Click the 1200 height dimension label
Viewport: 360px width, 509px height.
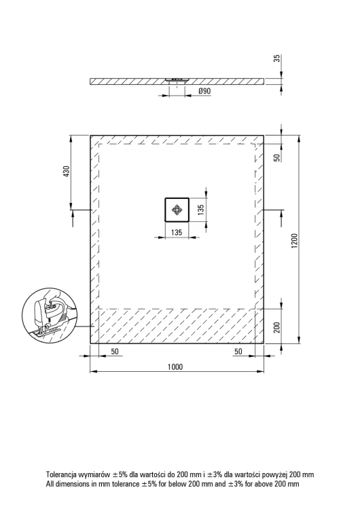[294, 241]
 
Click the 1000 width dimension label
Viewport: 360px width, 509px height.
[175, 366]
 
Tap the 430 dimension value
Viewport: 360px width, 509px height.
[66, 172]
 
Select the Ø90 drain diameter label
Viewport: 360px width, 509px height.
[204, 91]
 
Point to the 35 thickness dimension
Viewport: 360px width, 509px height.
[277, 59]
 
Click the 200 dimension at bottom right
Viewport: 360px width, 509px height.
[277, 328]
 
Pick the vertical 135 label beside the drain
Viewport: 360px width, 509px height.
[201, 210]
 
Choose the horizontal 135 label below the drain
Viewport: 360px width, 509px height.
[176, 232]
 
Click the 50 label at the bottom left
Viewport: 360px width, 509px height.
[115, 352]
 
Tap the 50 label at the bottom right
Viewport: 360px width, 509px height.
[238, 352]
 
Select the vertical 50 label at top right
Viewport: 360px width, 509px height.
[277, 157]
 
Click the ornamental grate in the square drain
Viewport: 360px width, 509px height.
[177, 210]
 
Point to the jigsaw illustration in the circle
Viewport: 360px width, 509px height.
[50, 314]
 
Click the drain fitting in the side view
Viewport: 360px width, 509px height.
[177, 80]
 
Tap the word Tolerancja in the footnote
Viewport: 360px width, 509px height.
[61, 474]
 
